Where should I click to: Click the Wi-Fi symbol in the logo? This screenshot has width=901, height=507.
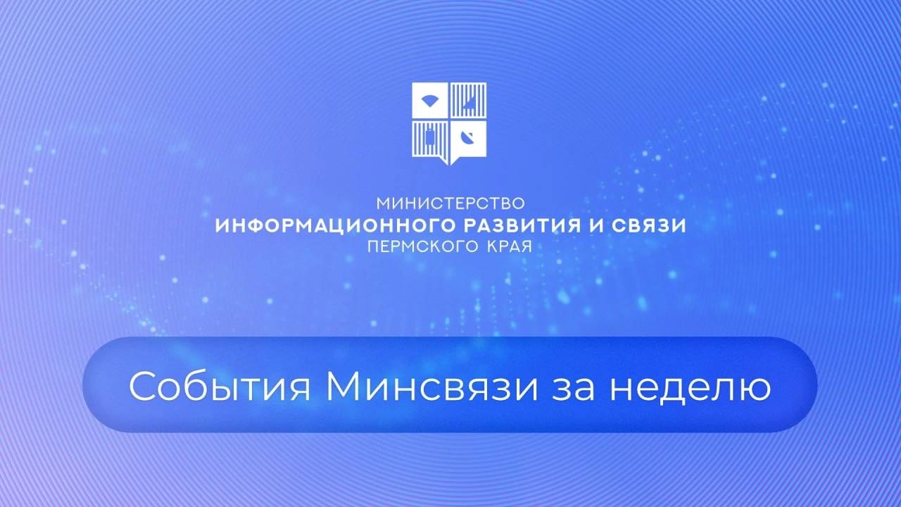pos(429,101)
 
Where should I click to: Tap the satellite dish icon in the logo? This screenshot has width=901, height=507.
pos(467,138)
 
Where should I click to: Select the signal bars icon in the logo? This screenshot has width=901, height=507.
pos(470,103)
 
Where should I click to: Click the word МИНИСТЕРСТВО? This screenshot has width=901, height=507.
pos(450,204)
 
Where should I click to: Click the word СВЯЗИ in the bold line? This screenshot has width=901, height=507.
pos(649,226)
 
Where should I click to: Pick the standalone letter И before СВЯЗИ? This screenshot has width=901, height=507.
pos(596,226)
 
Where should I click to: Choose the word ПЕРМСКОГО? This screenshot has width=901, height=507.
pos(423,246)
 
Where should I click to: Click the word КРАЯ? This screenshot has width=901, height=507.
pos(510,246)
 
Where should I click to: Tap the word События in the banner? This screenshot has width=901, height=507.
pos(220,387)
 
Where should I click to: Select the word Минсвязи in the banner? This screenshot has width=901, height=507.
pos(431,387)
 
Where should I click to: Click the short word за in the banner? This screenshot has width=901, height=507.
pos(573,390)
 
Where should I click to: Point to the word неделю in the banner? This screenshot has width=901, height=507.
pos(691,389)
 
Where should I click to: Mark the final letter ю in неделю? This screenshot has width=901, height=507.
pos(755,390)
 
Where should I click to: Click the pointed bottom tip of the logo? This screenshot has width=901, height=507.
pos(449,165)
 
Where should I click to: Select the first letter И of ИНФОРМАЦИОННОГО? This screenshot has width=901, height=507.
pos(222,226)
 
